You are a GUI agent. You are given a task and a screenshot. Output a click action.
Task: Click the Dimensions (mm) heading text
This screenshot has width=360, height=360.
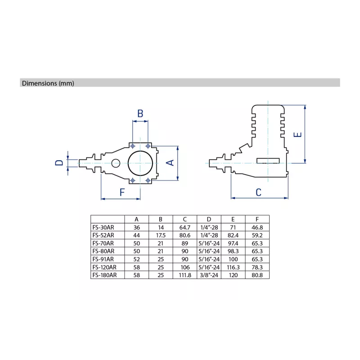(48, 83)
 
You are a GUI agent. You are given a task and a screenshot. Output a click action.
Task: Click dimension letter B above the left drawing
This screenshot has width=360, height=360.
(140, 113)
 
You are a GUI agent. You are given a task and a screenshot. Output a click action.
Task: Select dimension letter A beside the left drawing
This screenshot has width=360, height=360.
(170, 163)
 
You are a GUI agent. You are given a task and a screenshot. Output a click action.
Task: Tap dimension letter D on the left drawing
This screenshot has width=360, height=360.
(59, 163)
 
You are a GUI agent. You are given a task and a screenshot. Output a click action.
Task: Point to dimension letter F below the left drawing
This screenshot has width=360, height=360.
(122, 192)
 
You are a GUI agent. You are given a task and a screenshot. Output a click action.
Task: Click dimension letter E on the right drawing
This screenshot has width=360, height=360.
(297, 135)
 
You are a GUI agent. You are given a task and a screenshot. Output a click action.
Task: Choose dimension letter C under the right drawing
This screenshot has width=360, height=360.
(258, 193)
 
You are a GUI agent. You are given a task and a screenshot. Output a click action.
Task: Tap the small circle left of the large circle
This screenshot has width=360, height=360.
(116, 163)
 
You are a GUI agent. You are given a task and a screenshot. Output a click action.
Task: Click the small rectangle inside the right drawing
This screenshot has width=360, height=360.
(268, 161)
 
